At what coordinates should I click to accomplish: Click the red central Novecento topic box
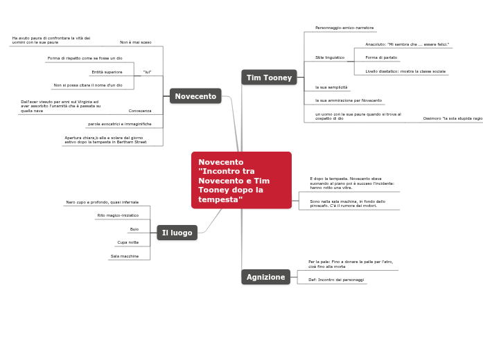tap(240, 180)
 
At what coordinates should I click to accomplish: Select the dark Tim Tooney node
tap(269, 78)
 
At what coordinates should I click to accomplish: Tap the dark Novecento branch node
tap(195, 96)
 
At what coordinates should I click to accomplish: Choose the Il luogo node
tap(177, 233)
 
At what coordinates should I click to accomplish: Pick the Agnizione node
tap(265, 277)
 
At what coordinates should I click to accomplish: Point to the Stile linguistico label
tap(329, 57)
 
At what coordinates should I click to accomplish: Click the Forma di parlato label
tap(381, 57)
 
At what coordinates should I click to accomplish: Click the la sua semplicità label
tap(331, 87)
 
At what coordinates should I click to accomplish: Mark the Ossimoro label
tap(453, 118)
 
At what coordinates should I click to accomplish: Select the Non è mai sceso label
tap(135, 42)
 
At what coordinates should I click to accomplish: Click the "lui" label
tap(147, 72)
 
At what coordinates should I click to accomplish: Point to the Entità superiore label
tap(107, 72)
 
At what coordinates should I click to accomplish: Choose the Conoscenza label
tap(139, 111)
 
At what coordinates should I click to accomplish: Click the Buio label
tap(134, 229)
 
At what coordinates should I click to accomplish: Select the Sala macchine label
tap(124, 256)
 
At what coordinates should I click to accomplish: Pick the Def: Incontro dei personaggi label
tap(336, 280)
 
